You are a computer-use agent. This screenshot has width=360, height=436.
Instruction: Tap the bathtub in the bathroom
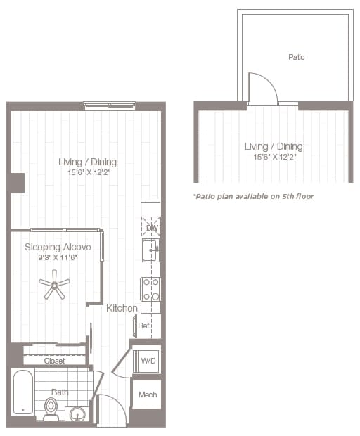pyautogui.click(x=23, y=392)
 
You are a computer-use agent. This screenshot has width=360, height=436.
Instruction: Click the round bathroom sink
pyautogui.click(x=76, y=413)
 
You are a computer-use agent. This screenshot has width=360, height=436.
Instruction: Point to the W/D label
pyautogui.click(x=148, y=361)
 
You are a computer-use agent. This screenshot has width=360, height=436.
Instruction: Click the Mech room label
pyautogui.click(x=148, y=395)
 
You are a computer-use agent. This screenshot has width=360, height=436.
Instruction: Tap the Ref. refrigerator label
pyautogui.click(x=144, y=326)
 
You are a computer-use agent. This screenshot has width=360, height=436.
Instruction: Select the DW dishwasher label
pyautogui.click(x=151, y=228)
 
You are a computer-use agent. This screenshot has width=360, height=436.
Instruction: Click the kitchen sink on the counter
pyautogui.click(x=150, y=250)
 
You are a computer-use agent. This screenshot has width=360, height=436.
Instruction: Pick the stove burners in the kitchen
pyautogui.click(x=150, y=288)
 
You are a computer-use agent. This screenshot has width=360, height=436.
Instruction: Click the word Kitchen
pyautogui.click(x=121, y=308)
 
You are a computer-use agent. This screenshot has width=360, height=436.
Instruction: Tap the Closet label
pyautogui.click(x=54, y=361)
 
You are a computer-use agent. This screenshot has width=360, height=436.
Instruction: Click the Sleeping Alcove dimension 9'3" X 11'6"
pyautogui.click(x=58, y=257)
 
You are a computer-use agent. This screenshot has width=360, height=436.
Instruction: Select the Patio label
pyautogui.click(x=297, y=57)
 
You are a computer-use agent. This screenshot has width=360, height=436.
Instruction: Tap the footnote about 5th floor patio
pyautogui.click(x=253, y=196)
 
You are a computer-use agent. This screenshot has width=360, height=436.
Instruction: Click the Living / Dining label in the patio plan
pyautogui.click(x=274, y=146)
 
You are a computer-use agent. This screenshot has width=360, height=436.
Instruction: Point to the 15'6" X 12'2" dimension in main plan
pyautogui.click(x=88, y=172)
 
